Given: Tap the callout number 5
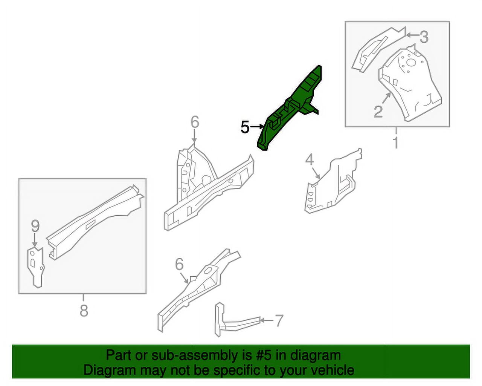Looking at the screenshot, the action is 245,127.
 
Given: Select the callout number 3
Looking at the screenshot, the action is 424,37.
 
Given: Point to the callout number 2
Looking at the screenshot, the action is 378,112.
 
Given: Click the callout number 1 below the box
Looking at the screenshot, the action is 396,143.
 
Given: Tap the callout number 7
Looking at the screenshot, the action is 279,321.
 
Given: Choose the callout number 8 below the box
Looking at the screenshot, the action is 84,311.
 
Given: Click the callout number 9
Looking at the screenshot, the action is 35,227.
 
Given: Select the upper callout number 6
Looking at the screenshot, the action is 194,122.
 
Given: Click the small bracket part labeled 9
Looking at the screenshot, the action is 35,266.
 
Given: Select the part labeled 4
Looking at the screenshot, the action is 333,181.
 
